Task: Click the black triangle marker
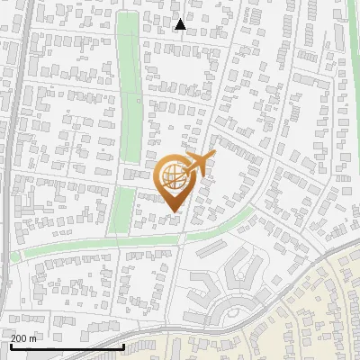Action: [x=180, y=24]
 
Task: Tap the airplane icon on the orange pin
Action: [x=200, y=162]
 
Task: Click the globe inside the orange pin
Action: [x=173, y=175]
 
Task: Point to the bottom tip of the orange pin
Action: [x=173, y=211]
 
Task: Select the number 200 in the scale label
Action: [x=19, y=338]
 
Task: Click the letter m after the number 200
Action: [x=33, y=338]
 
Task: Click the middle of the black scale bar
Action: [x=67, y=346]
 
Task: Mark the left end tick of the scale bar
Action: [x=11, y=345]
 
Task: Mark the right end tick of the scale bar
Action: [x=123, y=345]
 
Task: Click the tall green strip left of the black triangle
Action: [x=130, y=81]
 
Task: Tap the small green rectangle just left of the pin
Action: [x=123, y=209]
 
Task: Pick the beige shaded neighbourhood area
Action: [x=306, y=306]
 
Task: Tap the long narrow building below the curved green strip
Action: [x=211, y=245]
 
